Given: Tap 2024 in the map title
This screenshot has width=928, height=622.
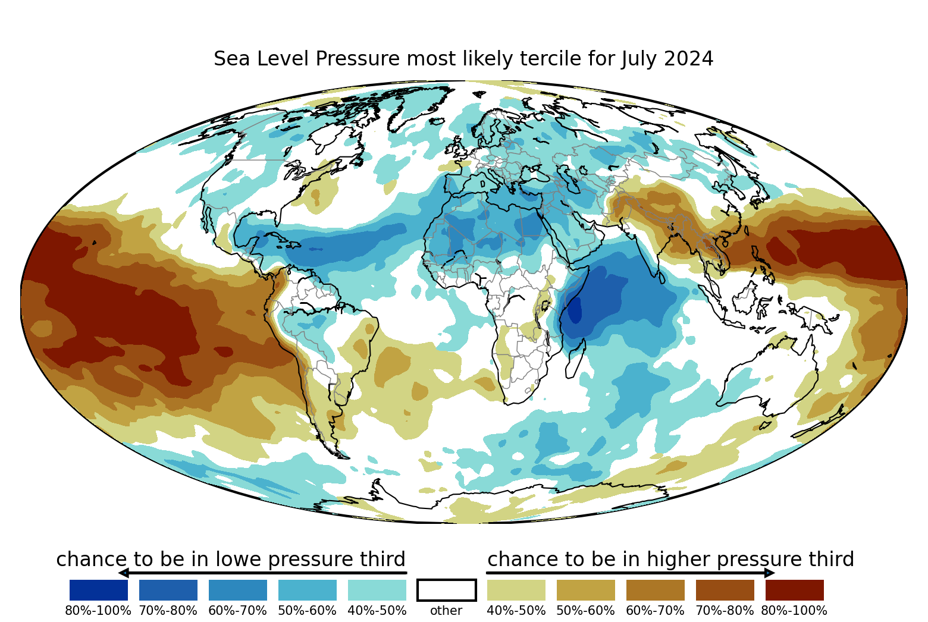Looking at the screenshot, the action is click(x=688, y=59).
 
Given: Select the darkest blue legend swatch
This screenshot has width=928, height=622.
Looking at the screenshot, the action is click(x=99, y=590).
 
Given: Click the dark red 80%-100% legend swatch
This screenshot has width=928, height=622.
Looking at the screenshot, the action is click(x=795, y=590).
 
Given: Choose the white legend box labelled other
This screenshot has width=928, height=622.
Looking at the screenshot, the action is click(x=447, y=590).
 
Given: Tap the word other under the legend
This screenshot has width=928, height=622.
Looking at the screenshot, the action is click(x=446, y=611).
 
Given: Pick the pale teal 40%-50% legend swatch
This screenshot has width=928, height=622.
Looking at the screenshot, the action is click(x=377, y=590).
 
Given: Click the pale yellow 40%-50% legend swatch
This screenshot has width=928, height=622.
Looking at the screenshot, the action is click(x=516, y=590).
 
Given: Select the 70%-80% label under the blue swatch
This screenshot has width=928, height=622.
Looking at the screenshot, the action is click(x=168, y=611).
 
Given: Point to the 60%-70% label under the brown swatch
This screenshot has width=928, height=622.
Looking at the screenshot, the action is click(x=655, y=611).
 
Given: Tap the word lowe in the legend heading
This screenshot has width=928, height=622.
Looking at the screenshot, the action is click(x=241, y=560).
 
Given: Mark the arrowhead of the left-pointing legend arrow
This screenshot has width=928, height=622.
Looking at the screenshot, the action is click(x=124, y=573).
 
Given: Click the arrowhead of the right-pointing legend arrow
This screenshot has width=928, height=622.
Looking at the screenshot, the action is click(x=769, y=573).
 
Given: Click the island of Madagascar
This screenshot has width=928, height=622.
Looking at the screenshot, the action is click(x=575, y=359).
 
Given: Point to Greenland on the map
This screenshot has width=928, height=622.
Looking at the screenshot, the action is click(x=418, y=106).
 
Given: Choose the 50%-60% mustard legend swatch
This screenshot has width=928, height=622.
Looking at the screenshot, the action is click(x=586, y=590).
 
